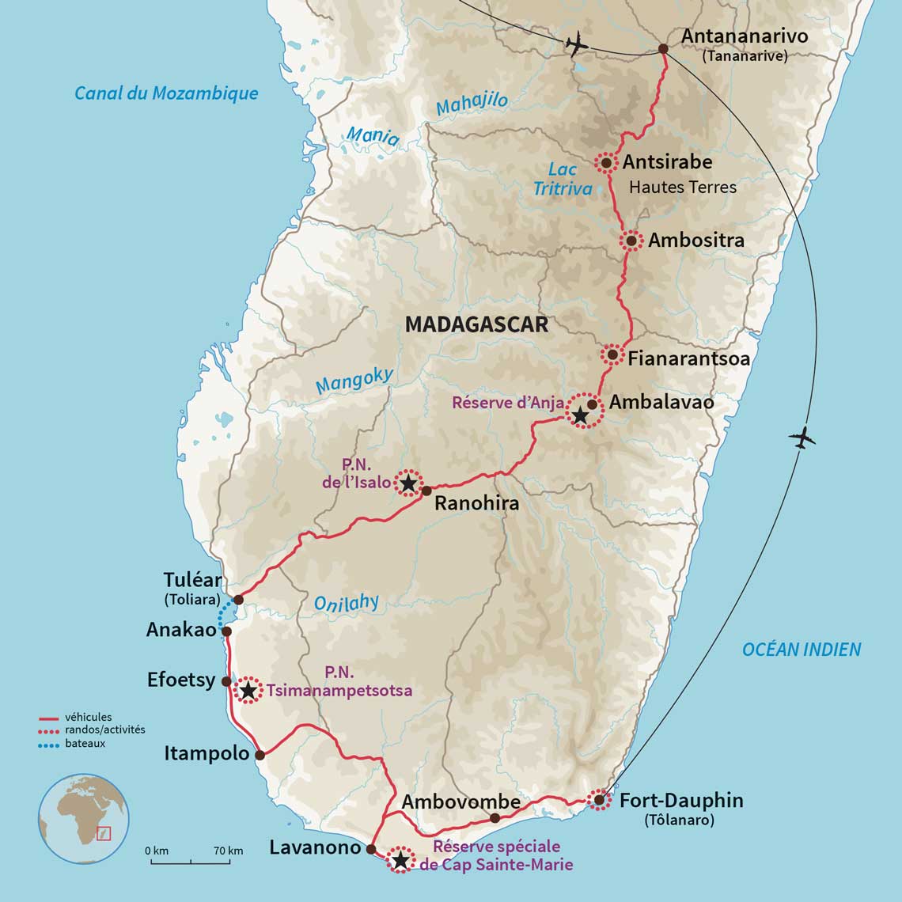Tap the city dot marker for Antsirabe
coord(605,163)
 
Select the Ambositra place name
coord(695,241)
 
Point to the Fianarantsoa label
coord(688,358)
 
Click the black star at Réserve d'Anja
coord(580,415)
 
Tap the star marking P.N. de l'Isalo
coord(408,483)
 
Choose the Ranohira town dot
coord(426,491)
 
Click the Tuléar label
coord(192,581)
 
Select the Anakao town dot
coord(226,631)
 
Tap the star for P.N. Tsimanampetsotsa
coord(248,691)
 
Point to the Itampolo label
coord(207,753)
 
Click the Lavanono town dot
coord(370,849)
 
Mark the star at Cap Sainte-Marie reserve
coord(400,860)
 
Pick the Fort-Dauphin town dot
coord(599,800)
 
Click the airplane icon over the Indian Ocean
coord(802,438)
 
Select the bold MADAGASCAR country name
coord(476,324)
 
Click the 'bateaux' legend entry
coord(86,744)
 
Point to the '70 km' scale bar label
coord(228,851)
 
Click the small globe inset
coord(83,818)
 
